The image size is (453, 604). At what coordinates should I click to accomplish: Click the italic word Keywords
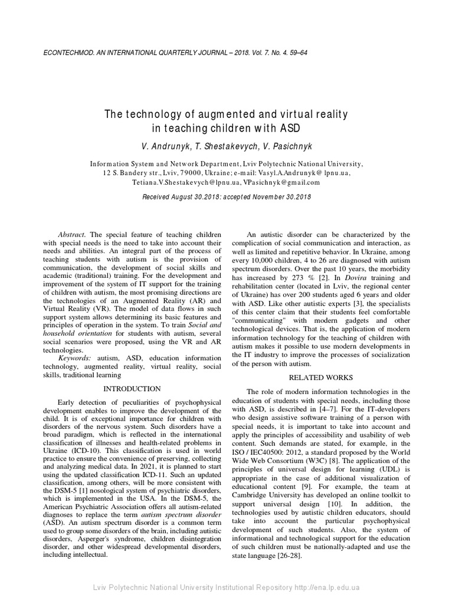coord(75,358)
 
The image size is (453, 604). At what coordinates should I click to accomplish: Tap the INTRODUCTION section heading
coord(132,389)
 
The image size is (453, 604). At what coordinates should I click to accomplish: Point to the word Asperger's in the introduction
coord(101,538)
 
